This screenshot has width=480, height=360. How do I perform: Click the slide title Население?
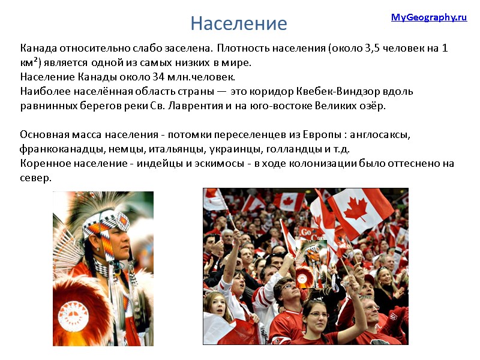[239, 23]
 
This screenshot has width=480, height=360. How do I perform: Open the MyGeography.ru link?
[428, 17]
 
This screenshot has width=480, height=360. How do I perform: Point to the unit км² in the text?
[30, 62]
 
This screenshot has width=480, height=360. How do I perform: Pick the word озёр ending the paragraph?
[373, 106]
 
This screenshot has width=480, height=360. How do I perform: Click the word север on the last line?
[35, 178]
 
